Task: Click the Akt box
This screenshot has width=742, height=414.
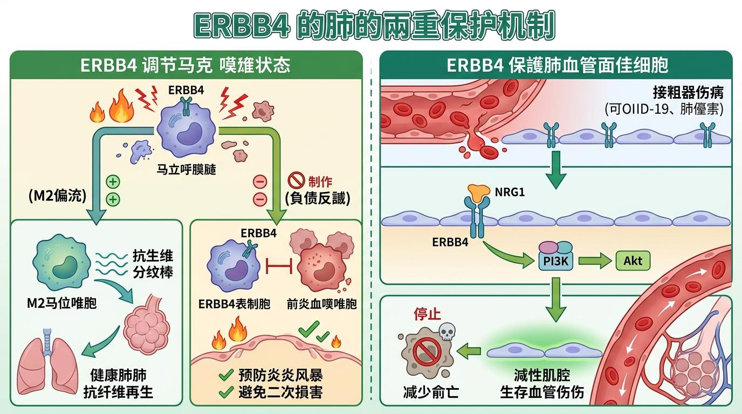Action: point(633,261)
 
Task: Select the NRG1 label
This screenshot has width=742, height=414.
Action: point(510,191)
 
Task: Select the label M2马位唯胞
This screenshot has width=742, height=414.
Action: point(61,303)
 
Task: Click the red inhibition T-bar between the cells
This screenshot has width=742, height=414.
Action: point(280,265)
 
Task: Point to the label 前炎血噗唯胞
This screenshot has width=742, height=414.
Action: point(322,303)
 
